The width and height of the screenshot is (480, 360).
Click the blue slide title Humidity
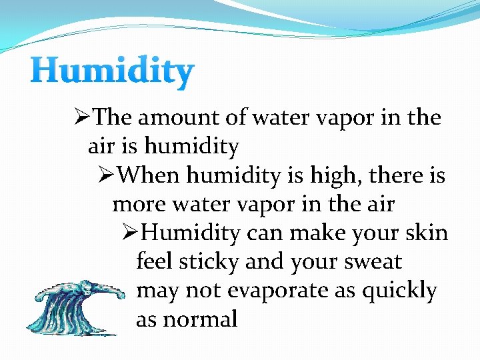point(112,71)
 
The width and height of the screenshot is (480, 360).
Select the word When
point(151,176)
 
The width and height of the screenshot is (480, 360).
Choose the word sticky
point(207,262)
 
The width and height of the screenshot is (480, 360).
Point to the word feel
point(153,262)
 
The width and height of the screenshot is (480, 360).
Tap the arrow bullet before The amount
point(83,118)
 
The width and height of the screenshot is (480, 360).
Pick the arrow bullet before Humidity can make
point(131,233)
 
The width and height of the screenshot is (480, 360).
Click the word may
point(157,291)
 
